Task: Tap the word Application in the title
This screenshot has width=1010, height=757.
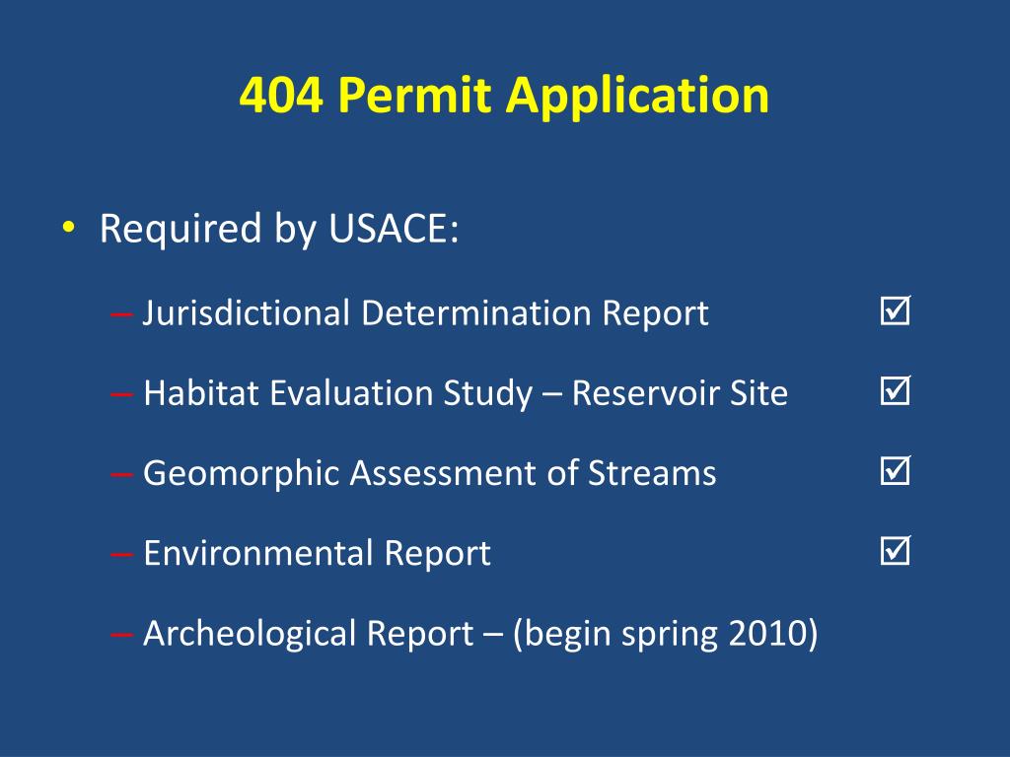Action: (x=638, y=97)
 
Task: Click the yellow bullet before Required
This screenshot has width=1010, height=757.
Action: (x=67, y=231)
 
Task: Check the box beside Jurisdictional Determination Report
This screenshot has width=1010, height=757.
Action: (x=896, y=313)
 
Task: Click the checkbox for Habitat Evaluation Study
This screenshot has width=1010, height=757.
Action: (x=896, y=393)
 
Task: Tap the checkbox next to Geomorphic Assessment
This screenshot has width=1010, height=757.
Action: (x=896, y=473)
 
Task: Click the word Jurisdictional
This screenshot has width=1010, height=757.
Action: (x=247, y=313)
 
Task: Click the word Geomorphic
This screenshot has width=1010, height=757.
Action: (x=229, y=474)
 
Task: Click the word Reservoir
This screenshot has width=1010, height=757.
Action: (x=655, y=393)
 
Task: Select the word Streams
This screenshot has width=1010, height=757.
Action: (x=652, y=473)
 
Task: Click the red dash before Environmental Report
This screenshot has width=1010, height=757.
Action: (x=122, y=554)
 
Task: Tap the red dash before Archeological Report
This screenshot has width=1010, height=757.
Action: (x=122, y=634)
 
